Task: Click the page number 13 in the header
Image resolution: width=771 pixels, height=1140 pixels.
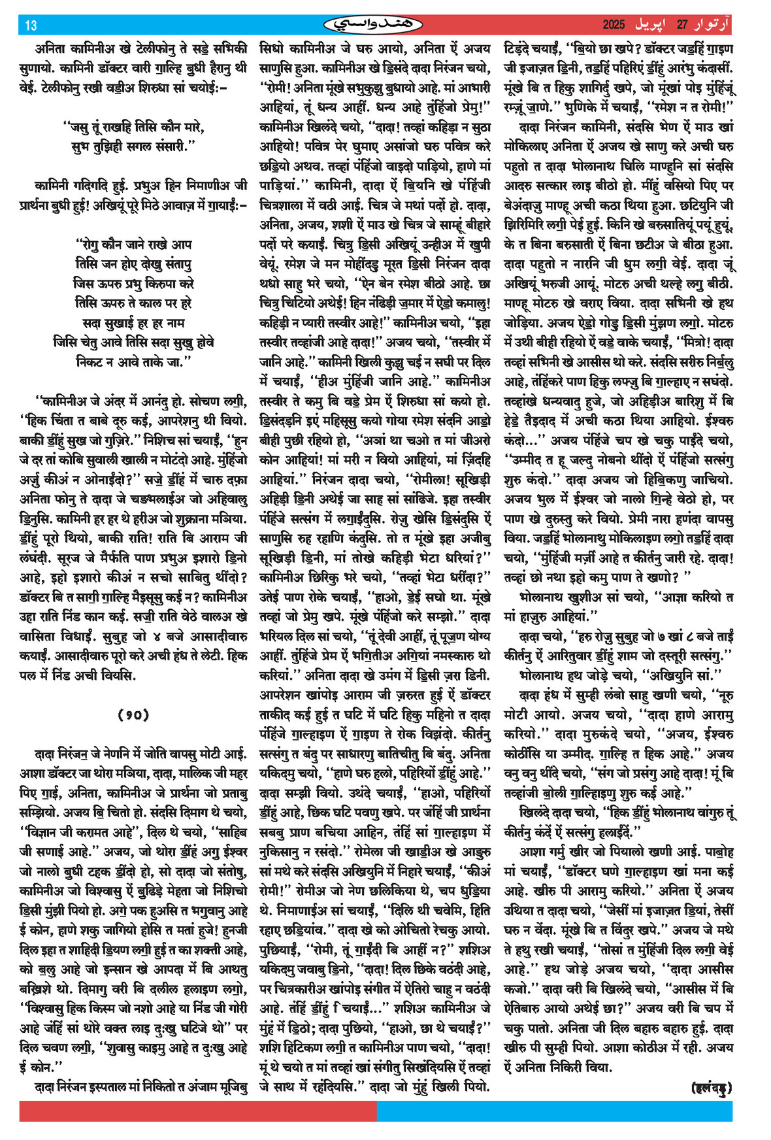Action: click(x=31, y=25)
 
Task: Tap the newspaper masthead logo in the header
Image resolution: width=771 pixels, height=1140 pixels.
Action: click(x=373, y=25)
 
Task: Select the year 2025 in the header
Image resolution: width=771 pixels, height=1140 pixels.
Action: click(x=614, y=25)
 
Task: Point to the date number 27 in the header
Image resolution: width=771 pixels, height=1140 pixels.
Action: click(x=682, y=25)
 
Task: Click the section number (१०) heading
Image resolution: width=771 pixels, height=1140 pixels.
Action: click(x=133, y=714)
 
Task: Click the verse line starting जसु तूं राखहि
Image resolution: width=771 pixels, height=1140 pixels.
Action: click(x=133, y=127)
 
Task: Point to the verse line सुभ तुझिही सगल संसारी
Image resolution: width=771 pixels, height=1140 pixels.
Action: click(x=133, y=146)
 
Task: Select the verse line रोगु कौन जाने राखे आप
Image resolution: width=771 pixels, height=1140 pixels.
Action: click(x=133, y=244)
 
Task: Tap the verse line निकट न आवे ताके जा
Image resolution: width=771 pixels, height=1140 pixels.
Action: click(x=133, y=361)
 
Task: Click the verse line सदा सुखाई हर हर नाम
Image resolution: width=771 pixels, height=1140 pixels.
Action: click(x=133, y=322)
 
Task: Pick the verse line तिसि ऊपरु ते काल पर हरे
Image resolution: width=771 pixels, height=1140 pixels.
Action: click(x=133, y=303)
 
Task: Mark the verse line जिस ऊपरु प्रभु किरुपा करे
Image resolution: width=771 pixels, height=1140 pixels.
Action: click(x=133, y=283)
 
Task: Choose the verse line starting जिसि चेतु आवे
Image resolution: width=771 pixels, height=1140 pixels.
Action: click(x=133, y=342)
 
